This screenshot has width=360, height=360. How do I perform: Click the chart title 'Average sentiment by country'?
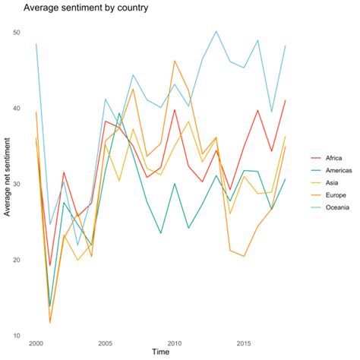[x=85, y=9]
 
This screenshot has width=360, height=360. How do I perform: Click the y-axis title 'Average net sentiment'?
[x=8, y=184]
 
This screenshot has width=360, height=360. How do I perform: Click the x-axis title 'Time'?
[x=160, y=352]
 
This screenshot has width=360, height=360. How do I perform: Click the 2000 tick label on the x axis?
[x=36, y=343]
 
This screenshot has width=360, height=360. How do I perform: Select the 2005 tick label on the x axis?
[x=106, y=343]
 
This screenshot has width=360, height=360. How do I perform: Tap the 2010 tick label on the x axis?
[x=175, y=343]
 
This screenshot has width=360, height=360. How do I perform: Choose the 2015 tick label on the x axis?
[x=244, y=343]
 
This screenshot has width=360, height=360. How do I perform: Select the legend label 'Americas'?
[x=338, y=172]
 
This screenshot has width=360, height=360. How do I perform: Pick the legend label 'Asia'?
[x=331, y=185]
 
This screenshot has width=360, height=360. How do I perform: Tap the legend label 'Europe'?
[x=335, y=198]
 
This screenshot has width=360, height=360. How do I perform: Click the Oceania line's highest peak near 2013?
[x=216, y=31]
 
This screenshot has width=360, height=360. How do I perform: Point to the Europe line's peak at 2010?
[x=175, y=61]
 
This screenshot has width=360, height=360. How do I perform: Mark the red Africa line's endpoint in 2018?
[x=286, y=100]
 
